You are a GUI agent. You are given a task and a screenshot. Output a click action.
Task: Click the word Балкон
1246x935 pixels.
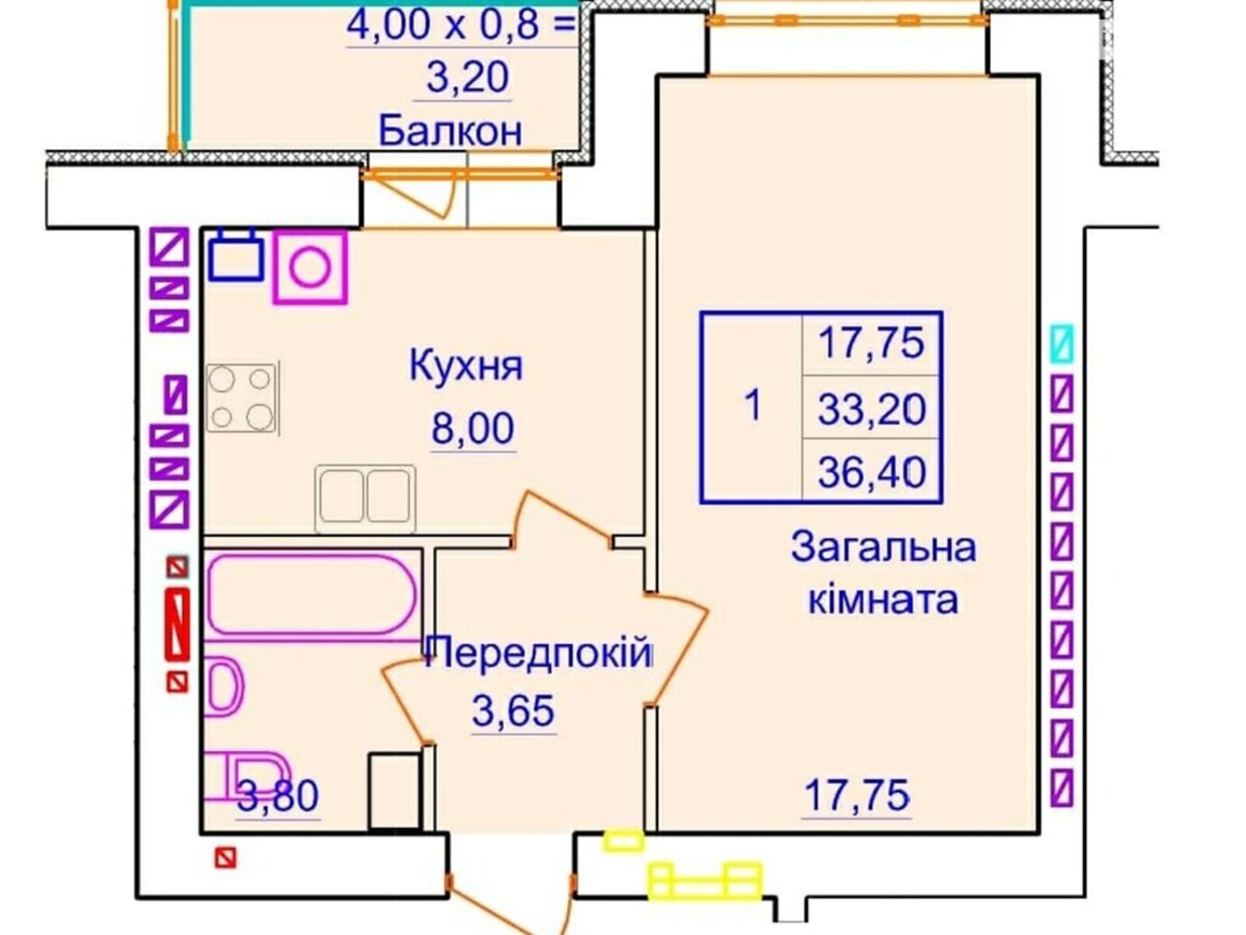(x=449, y=131)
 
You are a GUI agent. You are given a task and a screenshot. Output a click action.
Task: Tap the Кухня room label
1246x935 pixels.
(x=466, y=366)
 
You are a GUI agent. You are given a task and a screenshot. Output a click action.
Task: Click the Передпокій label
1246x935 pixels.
(x=539, y=654)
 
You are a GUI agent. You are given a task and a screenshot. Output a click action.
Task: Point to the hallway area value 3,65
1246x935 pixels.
(x=512, y=710)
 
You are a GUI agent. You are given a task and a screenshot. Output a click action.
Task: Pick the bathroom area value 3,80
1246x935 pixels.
(x=277, y=796)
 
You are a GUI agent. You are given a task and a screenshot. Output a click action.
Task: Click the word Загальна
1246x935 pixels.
(x=884, y=549)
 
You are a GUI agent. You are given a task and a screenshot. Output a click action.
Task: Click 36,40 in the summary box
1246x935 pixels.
(x=872, y=471)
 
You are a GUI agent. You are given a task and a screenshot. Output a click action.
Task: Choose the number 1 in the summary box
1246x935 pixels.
(x=753, y=406)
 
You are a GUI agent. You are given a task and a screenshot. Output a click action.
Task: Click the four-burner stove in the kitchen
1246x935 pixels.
(x=241, y=397)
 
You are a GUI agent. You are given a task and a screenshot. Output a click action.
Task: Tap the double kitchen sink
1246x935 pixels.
(x=365, y=497)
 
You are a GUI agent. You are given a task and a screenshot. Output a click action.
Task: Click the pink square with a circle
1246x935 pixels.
(x=310, y=266)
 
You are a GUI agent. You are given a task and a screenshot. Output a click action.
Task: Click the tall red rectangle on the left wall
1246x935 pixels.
(x=178, y=624)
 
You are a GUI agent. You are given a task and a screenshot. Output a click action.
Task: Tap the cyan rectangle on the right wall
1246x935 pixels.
(x=1061, y=343)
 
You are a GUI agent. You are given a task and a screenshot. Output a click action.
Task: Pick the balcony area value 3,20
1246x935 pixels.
(x=467, y=78)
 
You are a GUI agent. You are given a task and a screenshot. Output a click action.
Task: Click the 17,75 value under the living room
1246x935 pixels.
(x=857, y=796)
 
